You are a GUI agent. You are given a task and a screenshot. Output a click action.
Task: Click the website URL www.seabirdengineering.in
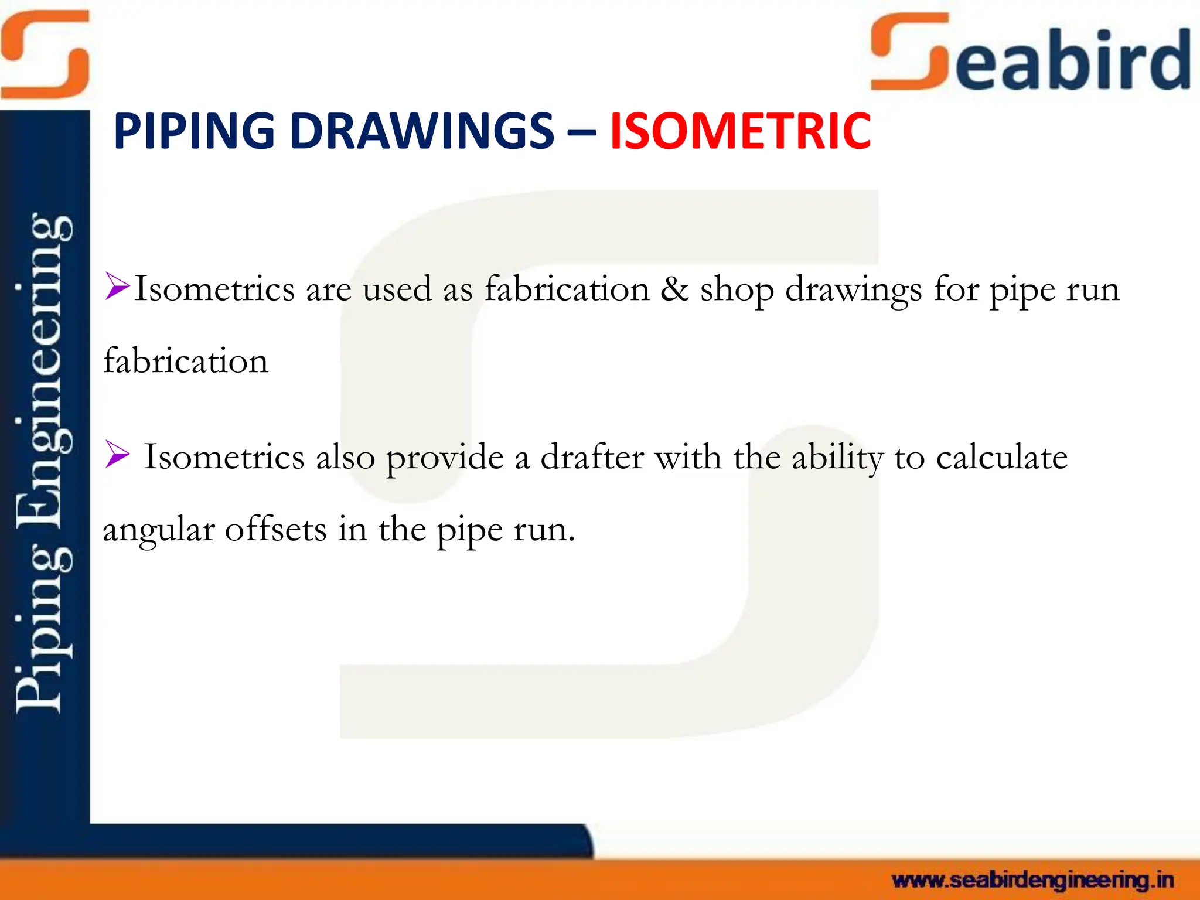point(1032,880)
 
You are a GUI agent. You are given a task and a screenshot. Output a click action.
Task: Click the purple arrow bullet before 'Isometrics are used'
point(117,287)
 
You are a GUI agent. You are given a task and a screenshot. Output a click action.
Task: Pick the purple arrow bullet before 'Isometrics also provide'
point(117,455)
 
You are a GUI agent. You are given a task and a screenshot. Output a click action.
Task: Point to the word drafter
point(592,457)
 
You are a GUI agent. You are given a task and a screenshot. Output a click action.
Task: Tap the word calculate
point(1001,457)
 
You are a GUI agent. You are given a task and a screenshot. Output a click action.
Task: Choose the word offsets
point(275,529)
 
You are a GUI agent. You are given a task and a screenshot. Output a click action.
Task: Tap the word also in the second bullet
point(345,457)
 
